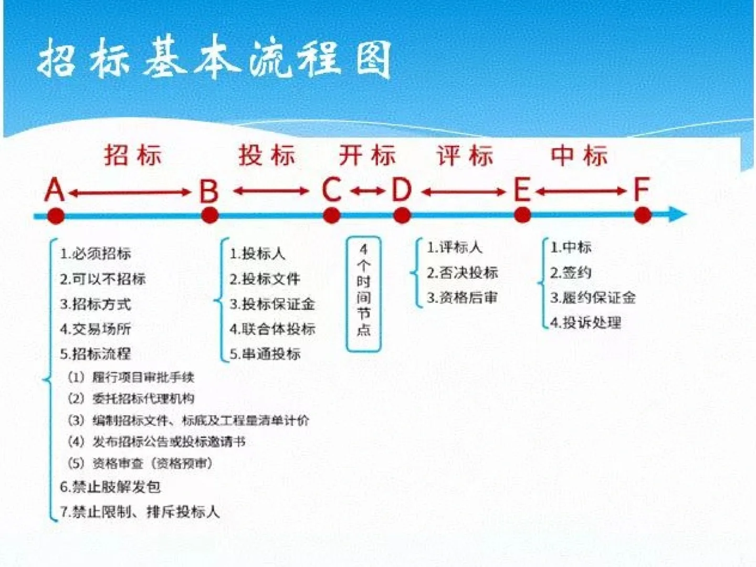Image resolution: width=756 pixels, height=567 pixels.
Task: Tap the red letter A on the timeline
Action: tap(55, 190)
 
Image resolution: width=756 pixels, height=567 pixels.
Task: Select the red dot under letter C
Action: tap(331, 215)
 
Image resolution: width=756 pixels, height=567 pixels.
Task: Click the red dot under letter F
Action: tap(643, 215)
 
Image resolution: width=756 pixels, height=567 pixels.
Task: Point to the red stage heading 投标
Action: tap(267, 155)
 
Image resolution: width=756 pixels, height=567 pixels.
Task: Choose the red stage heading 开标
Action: tap(366, 155)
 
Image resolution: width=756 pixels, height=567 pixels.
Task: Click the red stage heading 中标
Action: tap(579, 155)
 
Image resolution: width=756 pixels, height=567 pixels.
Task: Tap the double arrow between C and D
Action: tap(367, 191)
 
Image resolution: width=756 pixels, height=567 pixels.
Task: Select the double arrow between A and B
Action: tap(130, 193)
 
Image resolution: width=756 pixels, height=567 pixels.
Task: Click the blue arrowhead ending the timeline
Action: tap(678, 214)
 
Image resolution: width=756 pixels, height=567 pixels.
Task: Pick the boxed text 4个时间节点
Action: tap(363, 293)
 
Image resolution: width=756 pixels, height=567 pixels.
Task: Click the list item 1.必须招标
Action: tap(96, 254)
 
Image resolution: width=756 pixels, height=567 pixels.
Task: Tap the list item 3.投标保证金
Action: tap(272, 304)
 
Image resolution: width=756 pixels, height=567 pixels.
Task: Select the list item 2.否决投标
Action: tap(462, 272)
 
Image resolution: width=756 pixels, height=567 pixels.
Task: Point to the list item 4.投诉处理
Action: tap(586, 322)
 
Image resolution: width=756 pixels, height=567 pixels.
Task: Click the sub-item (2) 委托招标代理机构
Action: tap(131, 398)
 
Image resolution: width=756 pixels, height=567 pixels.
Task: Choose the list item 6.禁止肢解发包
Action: tap(110, 487)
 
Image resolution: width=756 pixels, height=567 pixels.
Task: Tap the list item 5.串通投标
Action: tap(265, 354)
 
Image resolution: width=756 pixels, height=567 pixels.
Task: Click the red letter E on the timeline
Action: tap(522, 190)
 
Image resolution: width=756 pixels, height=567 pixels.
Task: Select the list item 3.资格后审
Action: tap(462, 298)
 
